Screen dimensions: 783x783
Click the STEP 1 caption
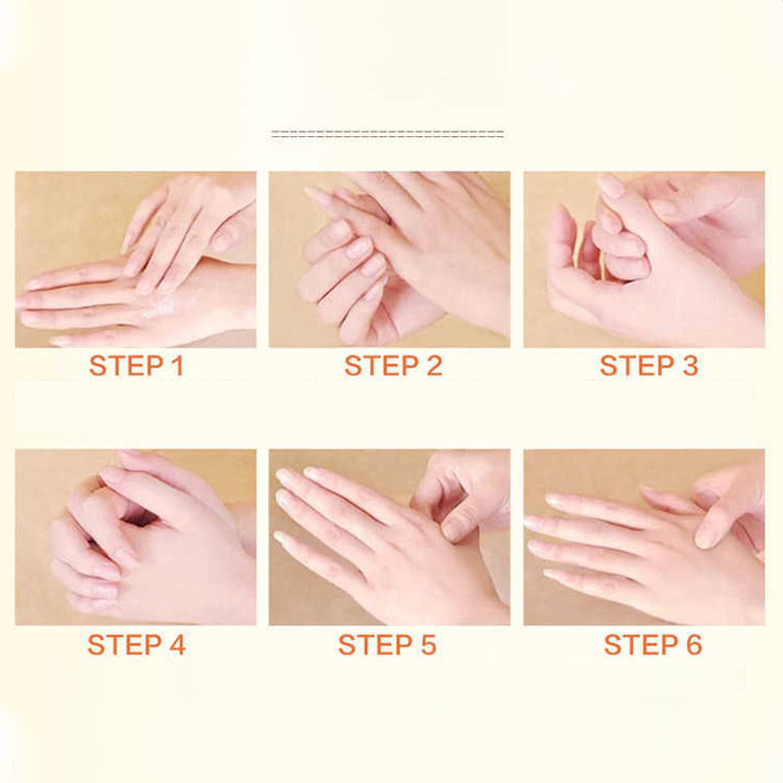point(136,365)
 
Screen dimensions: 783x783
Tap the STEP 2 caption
point(393,365)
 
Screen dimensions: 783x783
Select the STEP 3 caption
point(648,365)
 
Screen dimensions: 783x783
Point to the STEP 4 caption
point(136,644)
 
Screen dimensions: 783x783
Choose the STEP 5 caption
point(387,644)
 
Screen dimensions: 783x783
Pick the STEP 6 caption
point(653,644)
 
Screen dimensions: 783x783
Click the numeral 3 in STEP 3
point(689,365)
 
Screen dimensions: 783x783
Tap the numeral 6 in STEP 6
point(694,644)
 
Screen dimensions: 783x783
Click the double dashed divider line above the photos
point(388,134)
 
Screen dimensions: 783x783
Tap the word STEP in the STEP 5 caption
point(373,644)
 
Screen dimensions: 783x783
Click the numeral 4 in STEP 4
point(177,644)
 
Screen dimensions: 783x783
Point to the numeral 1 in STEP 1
point(178,365)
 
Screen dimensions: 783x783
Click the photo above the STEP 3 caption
point(644,259)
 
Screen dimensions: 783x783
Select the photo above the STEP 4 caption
point(135,536)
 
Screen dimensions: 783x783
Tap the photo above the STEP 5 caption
point(390,536)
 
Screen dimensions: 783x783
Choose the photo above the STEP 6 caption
point(644,536)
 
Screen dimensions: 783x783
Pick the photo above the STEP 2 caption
point(390,259)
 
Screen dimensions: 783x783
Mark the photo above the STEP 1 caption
point(135,259)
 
